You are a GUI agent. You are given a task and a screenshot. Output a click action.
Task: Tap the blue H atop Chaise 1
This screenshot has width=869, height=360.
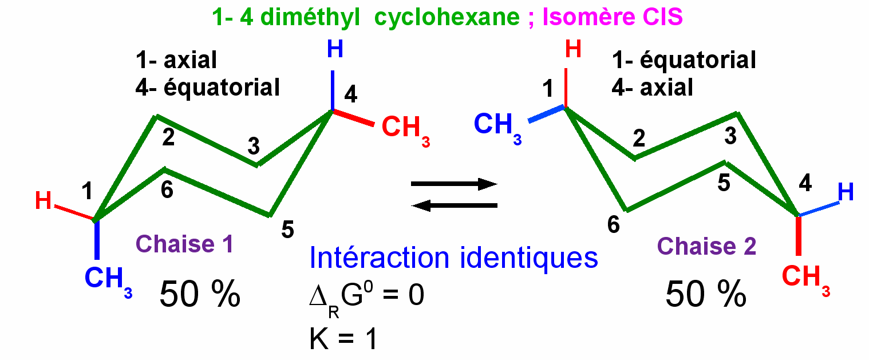click(x=335, y=49)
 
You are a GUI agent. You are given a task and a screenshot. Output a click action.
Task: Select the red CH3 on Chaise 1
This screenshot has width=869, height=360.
click(x=404, y=128)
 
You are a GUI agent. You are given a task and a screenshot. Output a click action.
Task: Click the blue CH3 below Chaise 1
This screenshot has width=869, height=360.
click(x=108, y=280)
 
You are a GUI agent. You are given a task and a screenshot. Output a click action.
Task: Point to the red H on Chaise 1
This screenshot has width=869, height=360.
click(x=44, y=201)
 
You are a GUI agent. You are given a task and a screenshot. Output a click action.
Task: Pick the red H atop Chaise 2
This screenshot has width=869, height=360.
click(x=573, y=50)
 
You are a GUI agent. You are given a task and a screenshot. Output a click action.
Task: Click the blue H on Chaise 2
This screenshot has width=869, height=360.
click(x=846, y=193)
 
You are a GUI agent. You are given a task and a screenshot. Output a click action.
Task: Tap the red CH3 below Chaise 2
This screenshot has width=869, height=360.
click(x=804, y=279)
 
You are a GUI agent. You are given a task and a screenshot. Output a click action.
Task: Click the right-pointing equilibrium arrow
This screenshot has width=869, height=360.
click(x=453, y=184)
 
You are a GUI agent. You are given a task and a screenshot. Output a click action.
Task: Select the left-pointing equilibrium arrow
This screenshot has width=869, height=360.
click(x=453, y=205)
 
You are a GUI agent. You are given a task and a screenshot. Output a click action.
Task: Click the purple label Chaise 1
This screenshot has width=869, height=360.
click(x=184, y=244)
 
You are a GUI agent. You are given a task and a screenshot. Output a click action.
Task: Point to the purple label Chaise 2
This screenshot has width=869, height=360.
click(x=706, y=246)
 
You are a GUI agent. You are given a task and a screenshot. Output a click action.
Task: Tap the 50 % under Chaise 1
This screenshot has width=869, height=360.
click(x=199, y=295)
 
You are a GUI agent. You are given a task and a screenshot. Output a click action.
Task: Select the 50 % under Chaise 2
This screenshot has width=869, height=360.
click(x=705, y=295)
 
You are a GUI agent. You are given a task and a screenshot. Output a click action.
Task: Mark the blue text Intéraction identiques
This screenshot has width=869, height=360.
click(x=453, y=258)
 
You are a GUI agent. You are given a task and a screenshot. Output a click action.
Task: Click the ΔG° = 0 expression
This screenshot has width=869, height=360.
click(x=366, y=298)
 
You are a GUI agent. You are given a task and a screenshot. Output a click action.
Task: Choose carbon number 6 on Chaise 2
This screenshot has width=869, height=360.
click(x=613, y=226)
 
